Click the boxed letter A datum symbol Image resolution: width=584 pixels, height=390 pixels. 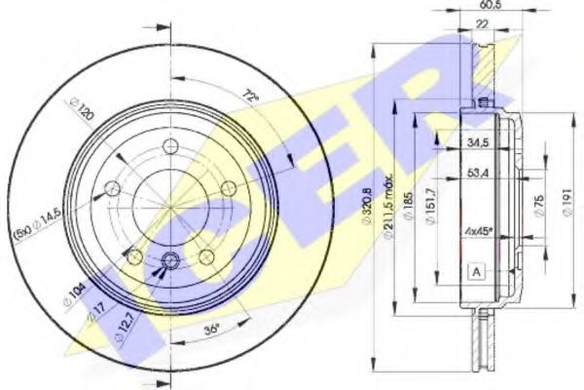(x=476, y=272)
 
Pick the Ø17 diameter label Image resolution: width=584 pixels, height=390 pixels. (x=94, y=315)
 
